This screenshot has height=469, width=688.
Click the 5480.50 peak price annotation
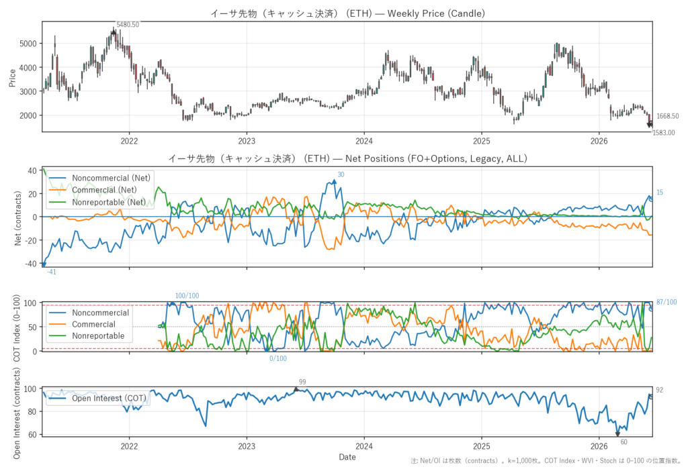point(128,25)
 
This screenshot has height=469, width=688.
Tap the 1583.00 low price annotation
point(663,133)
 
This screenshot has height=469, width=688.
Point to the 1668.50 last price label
point(667,116)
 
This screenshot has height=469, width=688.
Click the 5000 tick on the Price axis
point(28,44)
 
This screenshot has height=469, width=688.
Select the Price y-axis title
point(12,78)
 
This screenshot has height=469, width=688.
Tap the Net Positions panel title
point(347,158)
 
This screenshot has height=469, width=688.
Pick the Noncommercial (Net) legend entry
point(99,178)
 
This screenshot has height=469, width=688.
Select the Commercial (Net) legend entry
point(93,190)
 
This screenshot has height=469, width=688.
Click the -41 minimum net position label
point(52,272)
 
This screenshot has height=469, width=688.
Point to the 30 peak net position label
point(341,175)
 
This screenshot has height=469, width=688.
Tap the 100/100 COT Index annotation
point(187,296)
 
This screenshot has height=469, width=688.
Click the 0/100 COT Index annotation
point(278,358)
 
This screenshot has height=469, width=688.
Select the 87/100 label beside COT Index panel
point(666,302)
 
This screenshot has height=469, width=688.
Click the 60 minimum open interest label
point(624,442)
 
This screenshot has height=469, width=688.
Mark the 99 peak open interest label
point(302,382)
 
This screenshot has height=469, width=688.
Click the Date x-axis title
point(347,457)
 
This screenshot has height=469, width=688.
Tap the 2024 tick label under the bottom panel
point(363,447)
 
